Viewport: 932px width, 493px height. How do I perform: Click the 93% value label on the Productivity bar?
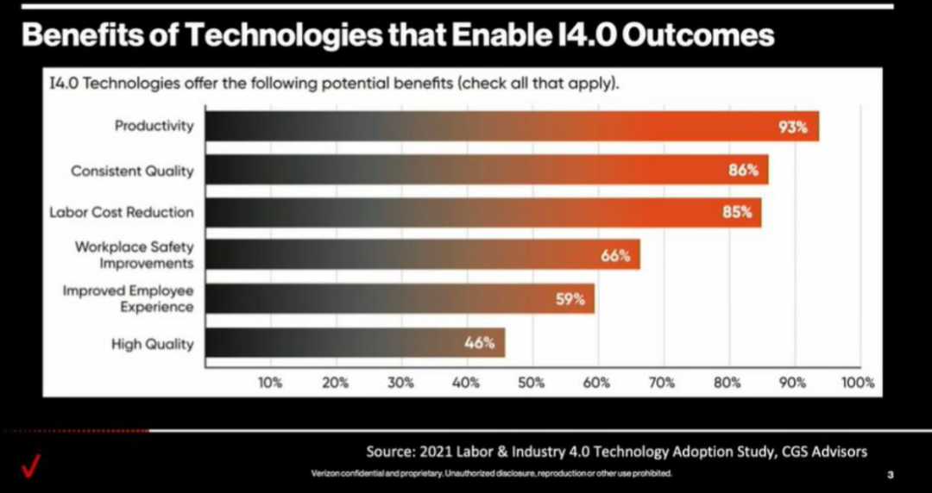[x=793, y=127]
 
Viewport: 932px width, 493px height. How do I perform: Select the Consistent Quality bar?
[x=487, y=169]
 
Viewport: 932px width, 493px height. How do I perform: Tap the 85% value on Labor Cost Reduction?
[x=737, y=211]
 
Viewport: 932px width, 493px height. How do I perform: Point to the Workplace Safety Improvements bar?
[x=423, y=254]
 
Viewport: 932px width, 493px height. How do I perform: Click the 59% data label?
[x=570, y=299]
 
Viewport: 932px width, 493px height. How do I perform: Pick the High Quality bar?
[x=356, y=343]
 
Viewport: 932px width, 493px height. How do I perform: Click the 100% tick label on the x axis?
[x=859, y=383]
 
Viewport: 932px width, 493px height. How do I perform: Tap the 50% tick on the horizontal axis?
[x=532, y=383]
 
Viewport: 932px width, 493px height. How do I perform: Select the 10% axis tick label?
[x=270, y=383]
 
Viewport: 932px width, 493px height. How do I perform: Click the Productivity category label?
[x=154, y=126]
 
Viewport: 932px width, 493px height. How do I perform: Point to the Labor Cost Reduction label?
[x=122, y=212]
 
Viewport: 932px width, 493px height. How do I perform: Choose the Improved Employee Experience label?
[x=129, y=299]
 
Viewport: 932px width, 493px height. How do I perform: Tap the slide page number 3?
[x=890, y=474]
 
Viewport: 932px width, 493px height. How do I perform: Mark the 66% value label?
[x=615, y=256]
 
